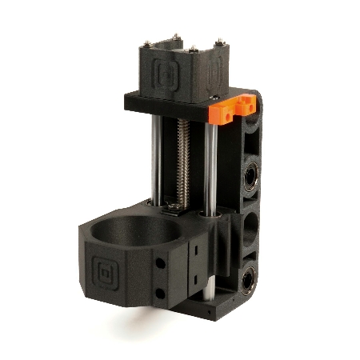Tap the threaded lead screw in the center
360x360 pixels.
(x=183, y=160)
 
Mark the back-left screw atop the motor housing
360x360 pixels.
(x=174, y=36)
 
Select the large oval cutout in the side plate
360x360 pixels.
(x=250, y=228)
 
